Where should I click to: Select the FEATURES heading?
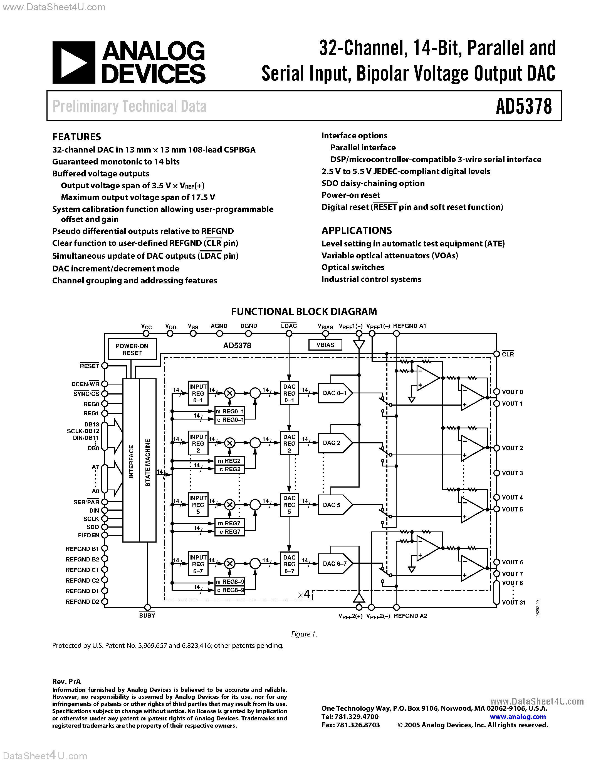77,137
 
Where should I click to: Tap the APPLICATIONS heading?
357,231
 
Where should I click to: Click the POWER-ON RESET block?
132,349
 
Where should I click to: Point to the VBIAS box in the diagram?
325,345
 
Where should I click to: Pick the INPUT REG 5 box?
198,505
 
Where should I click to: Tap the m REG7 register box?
230,523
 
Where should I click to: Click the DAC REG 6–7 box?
289,564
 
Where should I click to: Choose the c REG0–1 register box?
230,420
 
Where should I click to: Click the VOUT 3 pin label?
512,473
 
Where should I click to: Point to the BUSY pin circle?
147,607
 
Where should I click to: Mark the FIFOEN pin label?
88,535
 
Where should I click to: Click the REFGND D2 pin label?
83,602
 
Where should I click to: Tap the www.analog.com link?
518,716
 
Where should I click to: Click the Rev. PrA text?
66,681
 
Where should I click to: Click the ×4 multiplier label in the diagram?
304,594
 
